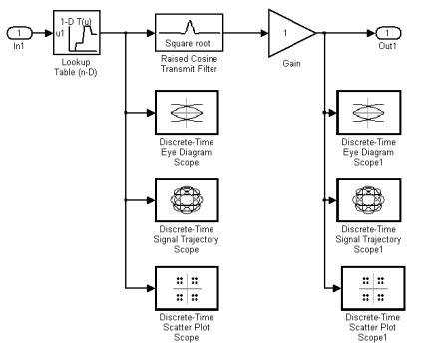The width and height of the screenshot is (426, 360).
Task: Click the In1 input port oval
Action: [x=19, y=33]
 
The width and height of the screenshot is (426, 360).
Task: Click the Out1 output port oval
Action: [x=388, y=33]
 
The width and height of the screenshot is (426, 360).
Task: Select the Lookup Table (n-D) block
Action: [x=77, y=32]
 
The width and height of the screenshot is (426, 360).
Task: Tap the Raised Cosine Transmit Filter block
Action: [x=189, y=32]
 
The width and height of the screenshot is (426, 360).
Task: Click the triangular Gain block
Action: [x=289, y=33]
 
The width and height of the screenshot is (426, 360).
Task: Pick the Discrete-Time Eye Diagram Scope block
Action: [x=187, y=112]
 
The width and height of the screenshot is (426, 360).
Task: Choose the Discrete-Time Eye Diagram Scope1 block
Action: [x=369, y=112]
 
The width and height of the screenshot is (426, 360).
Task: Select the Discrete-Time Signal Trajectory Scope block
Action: [x=187, y=200]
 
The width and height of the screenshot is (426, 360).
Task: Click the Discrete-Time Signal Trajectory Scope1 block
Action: [x=369, y=200]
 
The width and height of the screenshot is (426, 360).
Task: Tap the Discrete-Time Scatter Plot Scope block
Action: [x=187, y=288]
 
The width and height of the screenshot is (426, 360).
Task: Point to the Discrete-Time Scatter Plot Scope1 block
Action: [x=373, y=288]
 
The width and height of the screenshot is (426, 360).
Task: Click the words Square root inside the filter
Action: [x=188, y=43]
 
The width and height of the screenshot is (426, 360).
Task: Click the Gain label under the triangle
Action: [x=291, y=63]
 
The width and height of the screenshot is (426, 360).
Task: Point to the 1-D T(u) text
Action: [x=76, y=22]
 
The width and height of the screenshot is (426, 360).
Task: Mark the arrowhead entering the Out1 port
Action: [x=372, y=33]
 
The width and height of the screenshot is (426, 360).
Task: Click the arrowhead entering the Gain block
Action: [x=264, y=33]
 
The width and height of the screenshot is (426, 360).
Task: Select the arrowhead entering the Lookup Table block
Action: [x=49, y=33]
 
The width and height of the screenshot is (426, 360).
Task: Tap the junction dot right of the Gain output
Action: [x=324, y=33]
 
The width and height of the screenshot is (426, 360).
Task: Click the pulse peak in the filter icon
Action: [x=190, y=22]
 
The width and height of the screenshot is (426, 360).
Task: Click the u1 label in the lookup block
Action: [x=60, y=33]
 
